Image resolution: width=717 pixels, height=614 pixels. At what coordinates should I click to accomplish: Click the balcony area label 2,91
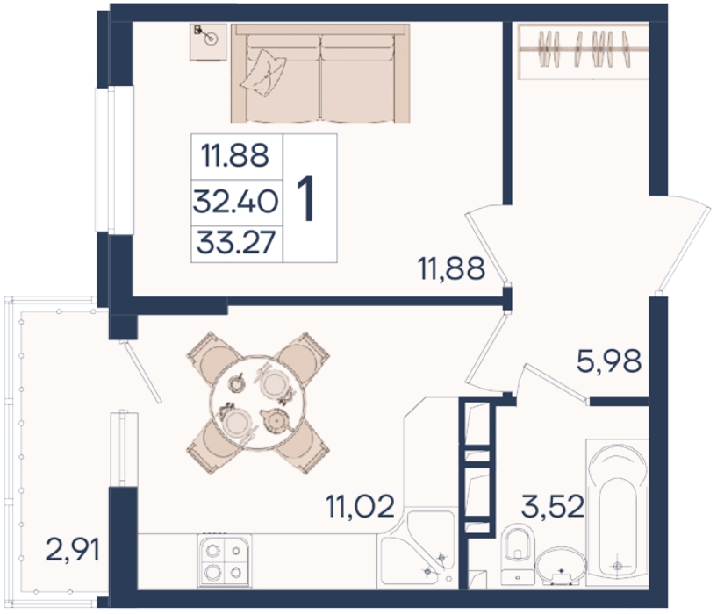pos(72,550)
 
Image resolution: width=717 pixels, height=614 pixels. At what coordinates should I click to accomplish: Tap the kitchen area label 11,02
pos(360,506)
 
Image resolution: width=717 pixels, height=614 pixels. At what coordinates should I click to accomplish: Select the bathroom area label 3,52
pos(553,506)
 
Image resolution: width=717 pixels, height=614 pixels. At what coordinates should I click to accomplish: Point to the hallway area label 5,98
pos(609,361)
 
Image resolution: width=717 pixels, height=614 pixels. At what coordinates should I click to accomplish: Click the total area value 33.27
pos(236,242)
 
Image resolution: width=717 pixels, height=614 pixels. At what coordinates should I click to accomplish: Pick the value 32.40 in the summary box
pos(235,202)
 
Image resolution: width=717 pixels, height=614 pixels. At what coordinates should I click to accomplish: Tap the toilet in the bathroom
pos(518,555)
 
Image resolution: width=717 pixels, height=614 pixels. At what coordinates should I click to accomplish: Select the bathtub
pos(617,512)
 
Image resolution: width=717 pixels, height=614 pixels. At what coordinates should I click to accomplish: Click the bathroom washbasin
pos(561,567)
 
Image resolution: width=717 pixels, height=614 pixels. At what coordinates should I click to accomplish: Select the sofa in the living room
pos(320,73)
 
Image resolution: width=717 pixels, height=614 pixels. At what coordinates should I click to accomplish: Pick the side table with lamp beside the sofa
pos(209,42)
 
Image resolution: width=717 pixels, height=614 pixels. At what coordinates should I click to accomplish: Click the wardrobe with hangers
pos(584,51)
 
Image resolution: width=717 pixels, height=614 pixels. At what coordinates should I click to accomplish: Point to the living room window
pos(114,160)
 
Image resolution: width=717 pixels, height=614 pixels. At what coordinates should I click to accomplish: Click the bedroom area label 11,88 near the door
pos(451,268)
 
